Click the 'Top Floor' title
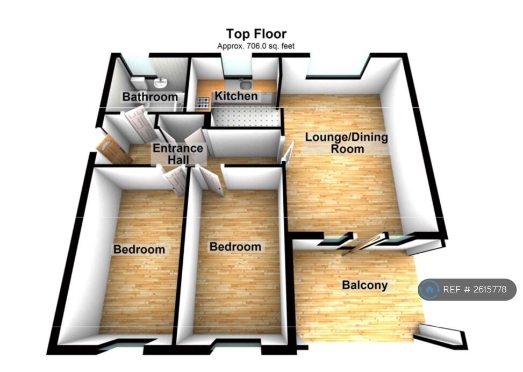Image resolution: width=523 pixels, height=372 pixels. (x=256, y=35)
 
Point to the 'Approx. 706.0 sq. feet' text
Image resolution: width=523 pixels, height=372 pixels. (x=256, y=46)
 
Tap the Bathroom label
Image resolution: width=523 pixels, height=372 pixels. (x=149, y=97)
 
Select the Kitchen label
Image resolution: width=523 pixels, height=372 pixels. (x=236, y=96)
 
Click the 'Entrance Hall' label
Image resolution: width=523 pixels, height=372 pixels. (x=178, y=154)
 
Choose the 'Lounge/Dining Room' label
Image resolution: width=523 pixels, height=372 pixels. (x=346, y=142)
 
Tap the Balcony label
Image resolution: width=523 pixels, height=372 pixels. (x=365, y=285)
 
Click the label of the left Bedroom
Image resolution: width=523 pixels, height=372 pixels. (x=139, y=249)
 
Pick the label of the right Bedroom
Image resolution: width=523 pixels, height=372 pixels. (x=235, y=247)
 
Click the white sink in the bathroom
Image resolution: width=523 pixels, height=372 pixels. (x=160, y=83)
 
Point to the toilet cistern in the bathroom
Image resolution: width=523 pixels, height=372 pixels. (x=139, y=82)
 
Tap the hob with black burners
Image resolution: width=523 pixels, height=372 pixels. (x=204, y=101)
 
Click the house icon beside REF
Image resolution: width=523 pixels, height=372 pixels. (x=429, y=290)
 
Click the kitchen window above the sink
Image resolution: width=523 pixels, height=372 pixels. (x=237, y=67)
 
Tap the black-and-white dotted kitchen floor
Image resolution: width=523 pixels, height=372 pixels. (x=245, y=117)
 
